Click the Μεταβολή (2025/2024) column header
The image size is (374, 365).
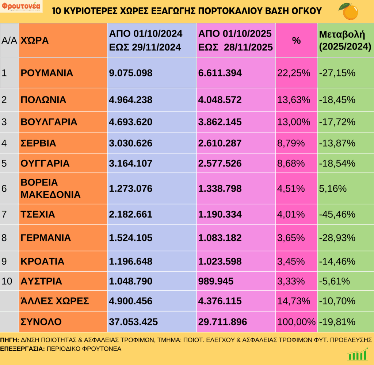coord(345,41)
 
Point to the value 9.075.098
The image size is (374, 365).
coord(130,73)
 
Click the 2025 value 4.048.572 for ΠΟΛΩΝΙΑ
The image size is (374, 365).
coord(220,100)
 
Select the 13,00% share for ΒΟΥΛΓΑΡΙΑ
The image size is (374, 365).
coord(294,122)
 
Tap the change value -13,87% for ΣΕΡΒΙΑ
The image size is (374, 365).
coord(337,143)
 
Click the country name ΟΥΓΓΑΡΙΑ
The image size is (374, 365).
coord(45,163)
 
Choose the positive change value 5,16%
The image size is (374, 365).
coord(332,189)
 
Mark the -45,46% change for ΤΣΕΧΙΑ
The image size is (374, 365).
coord(337,214)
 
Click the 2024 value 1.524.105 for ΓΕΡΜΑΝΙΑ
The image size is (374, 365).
coord(130,238)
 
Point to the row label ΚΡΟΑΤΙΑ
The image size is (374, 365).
coord(42,261)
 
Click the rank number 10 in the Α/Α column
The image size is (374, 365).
coord(7,282)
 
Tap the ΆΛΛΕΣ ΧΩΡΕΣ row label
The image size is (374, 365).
coord(55,301)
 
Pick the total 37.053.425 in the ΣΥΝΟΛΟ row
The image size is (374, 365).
coord(133,322)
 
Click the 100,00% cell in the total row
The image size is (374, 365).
coord(296,322)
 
